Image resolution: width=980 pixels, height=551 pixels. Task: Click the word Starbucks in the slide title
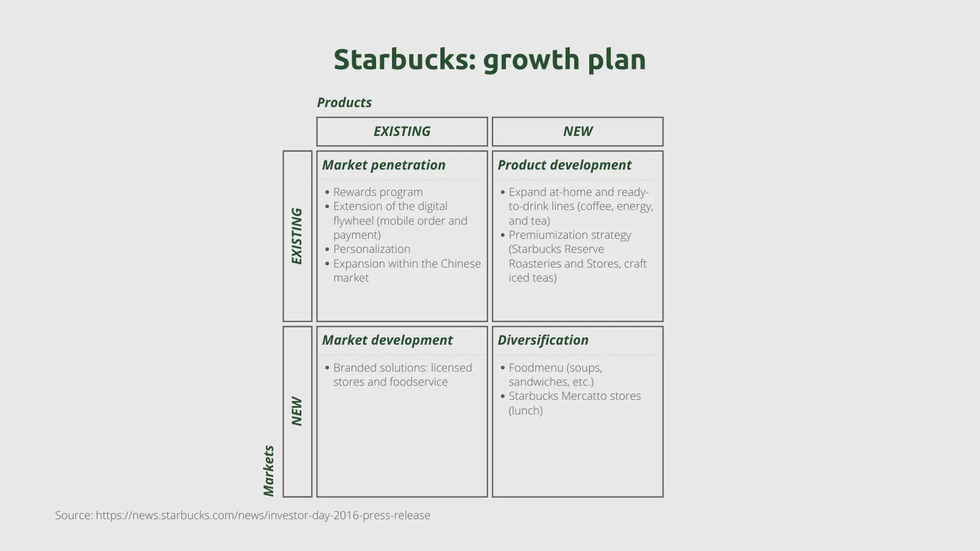pos(404,60)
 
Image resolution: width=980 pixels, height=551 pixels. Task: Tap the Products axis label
pos(344,102)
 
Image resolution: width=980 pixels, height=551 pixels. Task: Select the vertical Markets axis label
pos(269,471)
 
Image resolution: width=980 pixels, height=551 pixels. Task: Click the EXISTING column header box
pos(402,131)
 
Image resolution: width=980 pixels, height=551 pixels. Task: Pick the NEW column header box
pos(578,131)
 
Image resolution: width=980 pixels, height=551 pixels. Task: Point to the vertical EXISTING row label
pos(297,236)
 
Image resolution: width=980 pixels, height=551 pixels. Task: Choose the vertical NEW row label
pos(297,411)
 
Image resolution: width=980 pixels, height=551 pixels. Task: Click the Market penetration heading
pos(384,165)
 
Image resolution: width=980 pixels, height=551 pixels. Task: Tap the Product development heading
pos(564,165)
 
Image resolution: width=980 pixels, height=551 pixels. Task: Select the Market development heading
pos(387,340)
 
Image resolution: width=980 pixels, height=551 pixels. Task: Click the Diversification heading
pos(543,340)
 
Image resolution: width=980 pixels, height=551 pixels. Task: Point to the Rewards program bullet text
pos(378,192)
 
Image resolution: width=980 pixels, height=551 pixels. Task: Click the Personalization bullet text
pos(371,249)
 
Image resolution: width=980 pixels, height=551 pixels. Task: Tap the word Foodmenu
pos(536,368)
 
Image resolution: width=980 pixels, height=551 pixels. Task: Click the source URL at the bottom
pos(263,515)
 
